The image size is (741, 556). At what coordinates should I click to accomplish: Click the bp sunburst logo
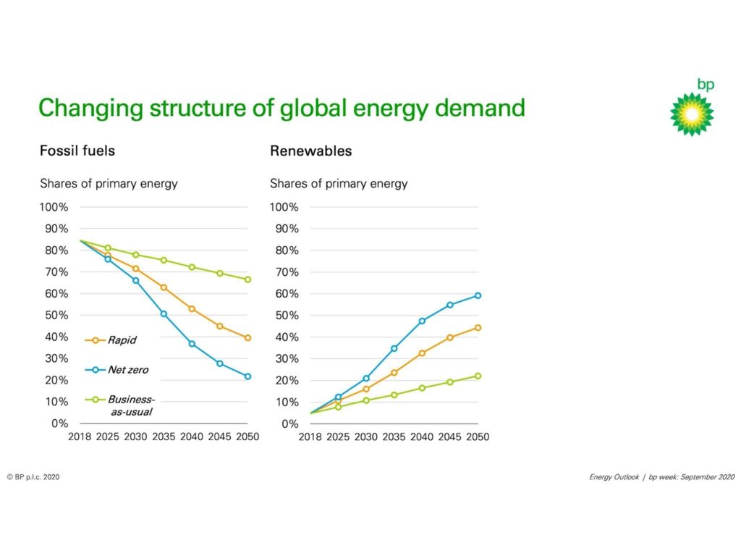coord(692,114)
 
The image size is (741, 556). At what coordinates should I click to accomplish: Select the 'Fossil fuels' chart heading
coord(77,151)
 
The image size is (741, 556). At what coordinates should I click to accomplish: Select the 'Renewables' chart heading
coord(310,151)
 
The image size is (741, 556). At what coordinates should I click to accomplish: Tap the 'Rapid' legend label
coord(121,340)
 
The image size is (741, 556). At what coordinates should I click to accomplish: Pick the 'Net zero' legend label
coord(127,370)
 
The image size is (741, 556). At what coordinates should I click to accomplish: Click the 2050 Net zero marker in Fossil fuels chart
coord(247,376)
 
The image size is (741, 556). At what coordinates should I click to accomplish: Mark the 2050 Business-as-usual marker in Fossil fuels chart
coord(247,279)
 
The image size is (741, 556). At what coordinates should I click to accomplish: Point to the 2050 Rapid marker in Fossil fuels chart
coord(247,338)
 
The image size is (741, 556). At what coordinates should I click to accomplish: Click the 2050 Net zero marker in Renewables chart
coord(478,295)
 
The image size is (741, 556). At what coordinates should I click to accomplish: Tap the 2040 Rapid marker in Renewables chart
coord(422,353)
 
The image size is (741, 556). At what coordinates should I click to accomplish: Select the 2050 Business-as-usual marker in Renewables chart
coord(478,376)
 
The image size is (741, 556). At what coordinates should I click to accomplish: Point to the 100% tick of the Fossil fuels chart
coord(54,207)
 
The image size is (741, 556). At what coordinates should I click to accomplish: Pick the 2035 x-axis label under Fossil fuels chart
coord(164,437)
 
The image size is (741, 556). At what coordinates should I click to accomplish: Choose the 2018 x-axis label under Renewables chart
coord(310,437)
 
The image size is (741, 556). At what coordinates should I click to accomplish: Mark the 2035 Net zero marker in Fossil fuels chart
coord(164,314)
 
